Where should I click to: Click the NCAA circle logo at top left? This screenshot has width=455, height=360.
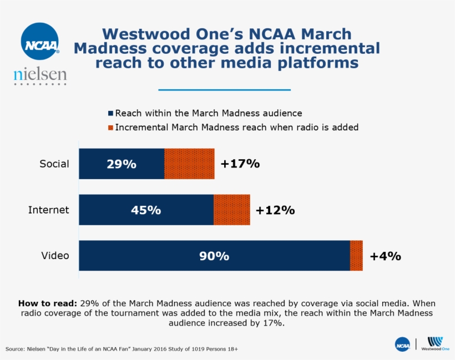click(x=40, y=41)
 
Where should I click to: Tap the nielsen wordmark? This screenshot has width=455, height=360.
click(x=40, y=74)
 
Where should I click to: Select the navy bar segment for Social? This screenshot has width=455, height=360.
click(x=122, y=164)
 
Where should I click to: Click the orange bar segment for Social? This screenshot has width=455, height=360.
click(x=189, y=164)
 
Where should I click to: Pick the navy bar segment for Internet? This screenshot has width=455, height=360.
click(x=146, y=210)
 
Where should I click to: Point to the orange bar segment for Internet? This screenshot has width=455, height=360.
click(x=231, y=210)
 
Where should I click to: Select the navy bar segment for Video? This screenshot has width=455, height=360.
click(x=214, y=256)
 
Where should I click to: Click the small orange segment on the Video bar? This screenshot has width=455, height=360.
click(x=356, y=256)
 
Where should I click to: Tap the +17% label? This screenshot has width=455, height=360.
click(x=240, y=164)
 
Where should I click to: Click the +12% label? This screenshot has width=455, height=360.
click(x=275, y=210)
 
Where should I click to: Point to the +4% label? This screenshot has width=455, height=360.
click(x=385, y=256)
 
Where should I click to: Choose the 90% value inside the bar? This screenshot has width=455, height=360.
click(x=214, y=256)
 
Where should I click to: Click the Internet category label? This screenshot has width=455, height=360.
click(x=49, y=210)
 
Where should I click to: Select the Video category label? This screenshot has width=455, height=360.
click(x=55, y=256)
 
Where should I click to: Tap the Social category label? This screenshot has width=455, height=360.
click(x=54, y=164)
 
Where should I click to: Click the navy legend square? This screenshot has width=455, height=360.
click(x=110, y=113)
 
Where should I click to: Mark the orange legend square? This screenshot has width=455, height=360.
click(x=110, y=128)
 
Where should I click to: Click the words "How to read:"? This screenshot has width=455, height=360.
click(x=48, y=303)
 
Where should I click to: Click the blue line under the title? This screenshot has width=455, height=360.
click(x=224, y=90)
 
